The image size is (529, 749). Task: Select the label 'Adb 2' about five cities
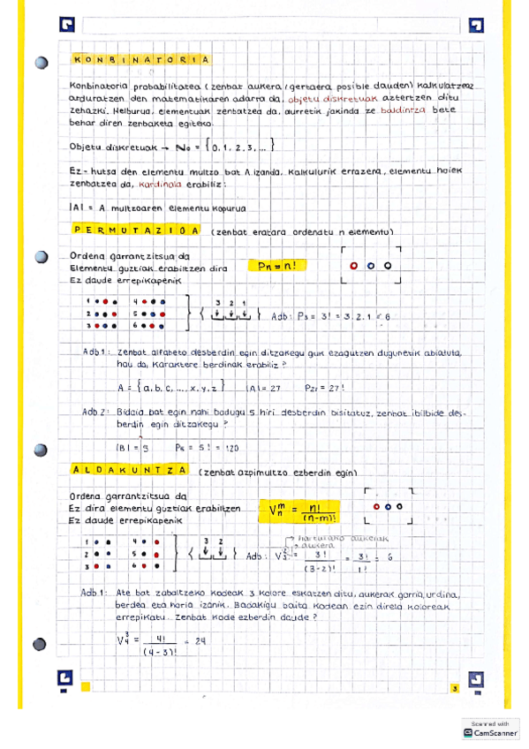click(x=96, y=412)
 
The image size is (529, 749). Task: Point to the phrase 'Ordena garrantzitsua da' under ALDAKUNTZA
click(x=127, y=496)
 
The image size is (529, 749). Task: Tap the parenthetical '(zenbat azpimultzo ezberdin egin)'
click(x=278, y=473)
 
